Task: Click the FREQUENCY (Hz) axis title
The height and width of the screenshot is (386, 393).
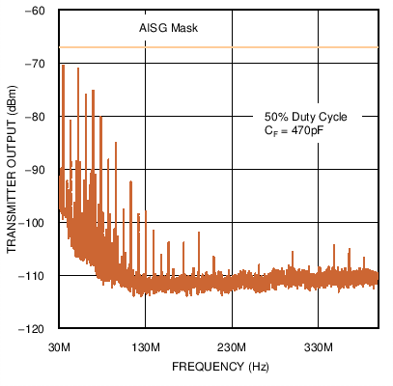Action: pyautogui.click(x=218, y=368)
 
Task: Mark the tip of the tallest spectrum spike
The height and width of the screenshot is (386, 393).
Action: pyautogui.click(x=64, y=66)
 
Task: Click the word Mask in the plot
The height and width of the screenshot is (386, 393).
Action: pyautogui.click(x=185, y=29)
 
